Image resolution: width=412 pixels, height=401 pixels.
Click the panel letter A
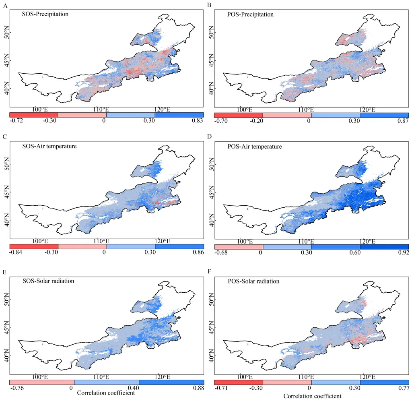click(5, 5)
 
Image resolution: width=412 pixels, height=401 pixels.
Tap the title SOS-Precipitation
click(45, 14)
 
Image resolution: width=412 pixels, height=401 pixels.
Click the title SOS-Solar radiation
click(48, 281)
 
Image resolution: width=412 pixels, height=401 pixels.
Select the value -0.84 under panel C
click(16, 253)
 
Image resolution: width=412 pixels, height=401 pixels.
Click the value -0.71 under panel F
click(221, 388)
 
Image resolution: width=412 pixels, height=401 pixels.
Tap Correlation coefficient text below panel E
click(105, 393)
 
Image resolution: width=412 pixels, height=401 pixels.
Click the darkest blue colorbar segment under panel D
click(384, 246)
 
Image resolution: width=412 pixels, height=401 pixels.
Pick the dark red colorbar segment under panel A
click(34, 115)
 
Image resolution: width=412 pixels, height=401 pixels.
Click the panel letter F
click(210, 272)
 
